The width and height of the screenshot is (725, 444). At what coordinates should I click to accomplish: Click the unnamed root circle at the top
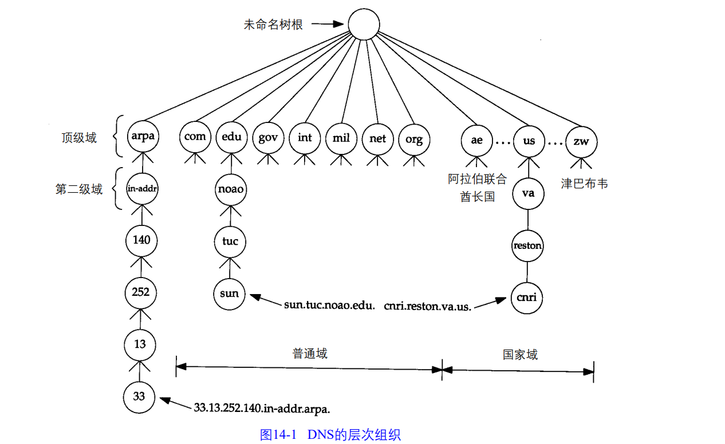(364, 25)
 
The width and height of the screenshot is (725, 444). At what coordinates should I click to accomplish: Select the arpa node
(141, 138)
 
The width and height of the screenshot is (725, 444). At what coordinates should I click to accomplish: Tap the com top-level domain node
(195, 138)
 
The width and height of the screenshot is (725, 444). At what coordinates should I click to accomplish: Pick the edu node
(232, 138)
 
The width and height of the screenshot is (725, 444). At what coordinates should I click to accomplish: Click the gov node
(268, 138)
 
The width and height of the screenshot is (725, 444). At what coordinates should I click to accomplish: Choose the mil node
(341, 138)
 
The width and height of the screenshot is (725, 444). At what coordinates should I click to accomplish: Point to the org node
(414, 139)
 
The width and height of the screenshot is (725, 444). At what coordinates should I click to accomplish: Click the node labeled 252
(141, 292)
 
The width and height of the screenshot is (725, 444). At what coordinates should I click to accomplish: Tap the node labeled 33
(139, 396)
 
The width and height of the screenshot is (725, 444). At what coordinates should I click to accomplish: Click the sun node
(230, 294)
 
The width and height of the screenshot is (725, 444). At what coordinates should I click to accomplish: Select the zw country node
(581, 141)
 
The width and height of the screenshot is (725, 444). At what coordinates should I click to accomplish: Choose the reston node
(527, 246)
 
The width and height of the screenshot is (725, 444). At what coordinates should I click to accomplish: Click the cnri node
(527, 298)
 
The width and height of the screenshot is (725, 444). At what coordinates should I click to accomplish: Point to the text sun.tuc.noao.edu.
(329, 306)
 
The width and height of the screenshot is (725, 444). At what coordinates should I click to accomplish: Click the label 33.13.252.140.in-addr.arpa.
(262, 408)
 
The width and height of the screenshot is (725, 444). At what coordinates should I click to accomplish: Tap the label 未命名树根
(273, 25)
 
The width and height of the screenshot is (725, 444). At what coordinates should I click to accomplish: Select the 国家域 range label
(520, 355)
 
